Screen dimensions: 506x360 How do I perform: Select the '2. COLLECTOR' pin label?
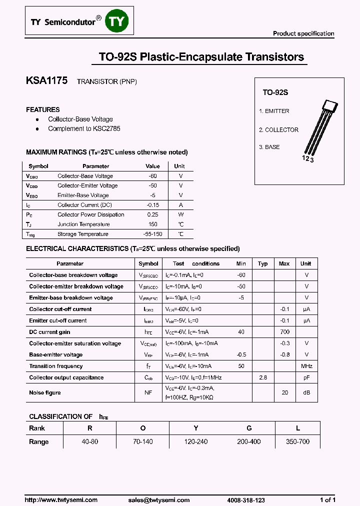point(278,130)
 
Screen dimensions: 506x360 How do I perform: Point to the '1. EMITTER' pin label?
point(274,111)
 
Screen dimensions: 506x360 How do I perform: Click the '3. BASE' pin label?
point(269,147)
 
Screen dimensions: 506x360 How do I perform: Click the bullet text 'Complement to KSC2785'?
point(84,128)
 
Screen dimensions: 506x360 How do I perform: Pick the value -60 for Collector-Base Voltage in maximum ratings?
point(152,176)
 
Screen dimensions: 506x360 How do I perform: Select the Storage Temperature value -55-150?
point(152,234)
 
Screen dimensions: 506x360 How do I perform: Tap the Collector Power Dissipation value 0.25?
point(152,214)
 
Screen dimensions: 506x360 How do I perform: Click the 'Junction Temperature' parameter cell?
point(83,224)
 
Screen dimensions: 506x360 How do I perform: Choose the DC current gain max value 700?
point(284,332)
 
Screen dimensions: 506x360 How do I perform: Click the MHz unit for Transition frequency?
point(306,366)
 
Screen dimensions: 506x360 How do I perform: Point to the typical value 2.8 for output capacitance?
point(262,377)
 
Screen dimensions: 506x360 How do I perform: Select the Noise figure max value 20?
point(284,393)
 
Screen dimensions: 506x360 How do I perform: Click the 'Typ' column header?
point(262,263)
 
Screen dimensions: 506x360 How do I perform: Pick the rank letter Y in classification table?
point(196,428)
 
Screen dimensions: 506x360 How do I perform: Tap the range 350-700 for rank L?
point(297,441)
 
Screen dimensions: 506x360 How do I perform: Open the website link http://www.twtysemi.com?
point(61,500)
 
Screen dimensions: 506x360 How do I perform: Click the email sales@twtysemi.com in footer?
point(159,500)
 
